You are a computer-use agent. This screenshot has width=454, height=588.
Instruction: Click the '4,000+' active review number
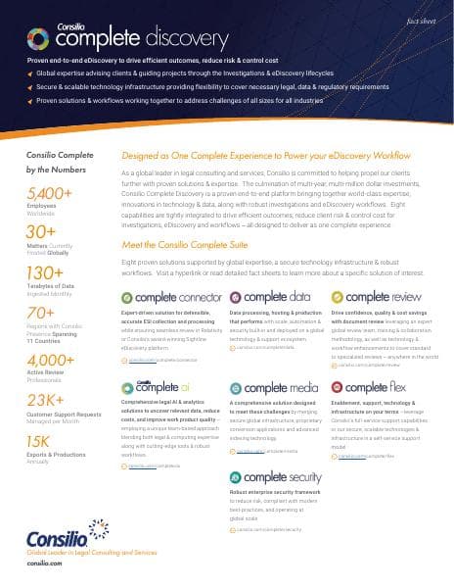pos(51,360)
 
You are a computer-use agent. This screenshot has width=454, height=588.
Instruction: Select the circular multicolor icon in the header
pos(39,38)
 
